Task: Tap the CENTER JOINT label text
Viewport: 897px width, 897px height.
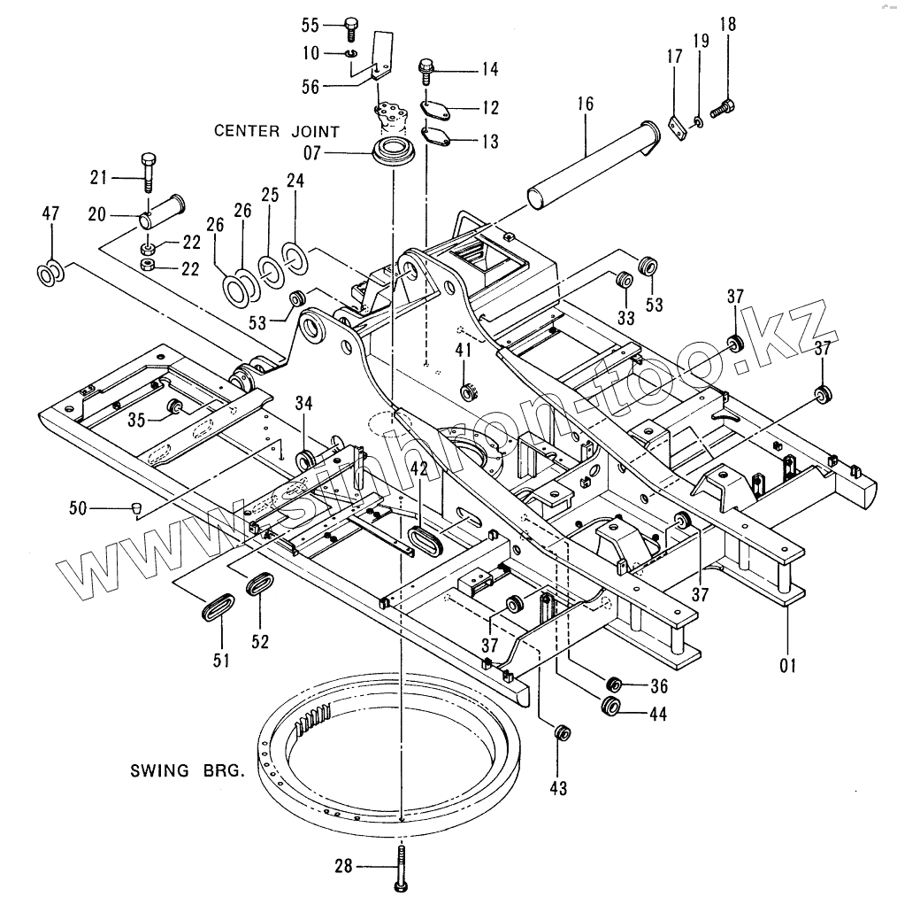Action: pos(276,131)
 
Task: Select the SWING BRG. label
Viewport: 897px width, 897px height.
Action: pos(184,769)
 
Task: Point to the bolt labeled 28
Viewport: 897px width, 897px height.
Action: pos(401,865)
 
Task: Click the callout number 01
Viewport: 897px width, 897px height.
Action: pos(787,663)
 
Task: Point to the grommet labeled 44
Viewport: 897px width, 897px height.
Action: pos(609,707)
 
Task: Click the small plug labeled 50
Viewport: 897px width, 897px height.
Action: pos(136,507)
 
